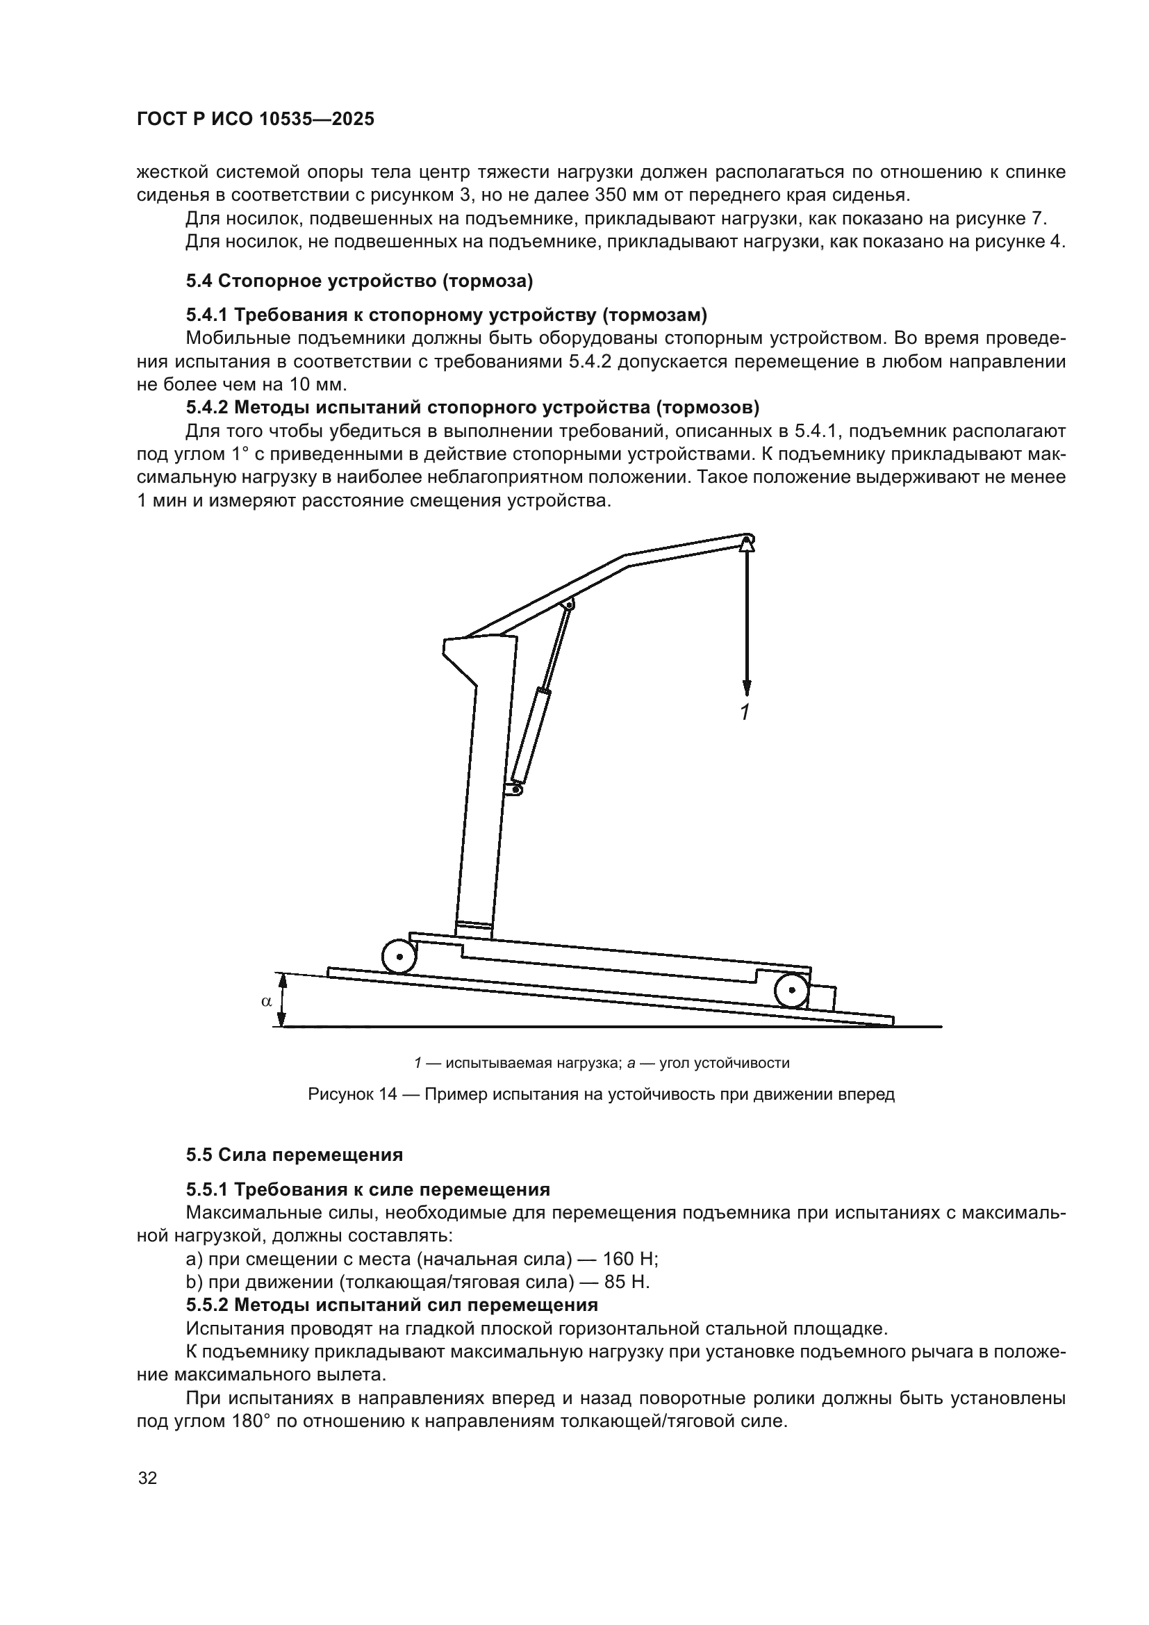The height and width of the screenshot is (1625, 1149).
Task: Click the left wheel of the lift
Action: coord(399,957)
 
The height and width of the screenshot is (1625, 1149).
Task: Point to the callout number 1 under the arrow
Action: coord(744,712)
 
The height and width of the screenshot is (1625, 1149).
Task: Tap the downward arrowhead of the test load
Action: coord(746,687)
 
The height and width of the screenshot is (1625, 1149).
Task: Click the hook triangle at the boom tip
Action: coord(747,543)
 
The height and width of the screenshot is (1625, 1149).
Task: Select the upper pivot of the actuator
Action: coord(568,604)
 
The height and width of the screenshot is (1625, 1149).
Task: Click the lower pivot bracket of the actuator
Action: coord(516,787)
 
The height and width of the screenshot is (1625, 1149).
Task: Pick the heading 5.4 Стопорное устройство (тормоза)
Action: coord(359,281)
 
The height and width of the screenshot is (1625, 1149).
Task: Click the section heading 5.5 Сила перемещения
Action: coord(295,1155)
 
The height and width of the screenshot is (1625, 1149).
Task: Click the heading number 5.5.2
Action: coord(208,1305)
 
